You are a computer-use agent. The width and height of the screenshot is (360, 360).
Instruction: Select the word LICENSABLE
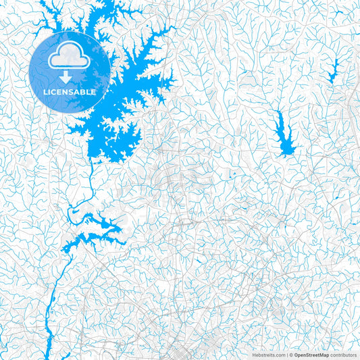70,92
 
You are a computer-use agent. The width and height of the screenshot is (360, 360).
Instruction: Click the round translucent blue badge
70,71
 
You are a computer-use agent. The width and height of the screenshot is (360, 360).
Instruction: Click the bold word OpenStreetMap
311,355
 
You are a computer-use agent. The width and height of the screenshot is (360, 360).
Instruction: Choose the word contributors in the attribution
343,355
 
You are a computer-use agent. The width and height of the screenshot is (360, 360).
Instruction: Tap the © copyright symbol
290,355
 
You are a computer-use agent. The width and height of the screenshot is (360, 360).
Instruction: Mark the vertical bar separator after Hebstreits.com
286,355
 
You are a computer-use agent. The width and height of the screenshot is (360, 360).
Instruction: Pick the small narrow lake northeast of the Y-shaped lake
333,68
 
